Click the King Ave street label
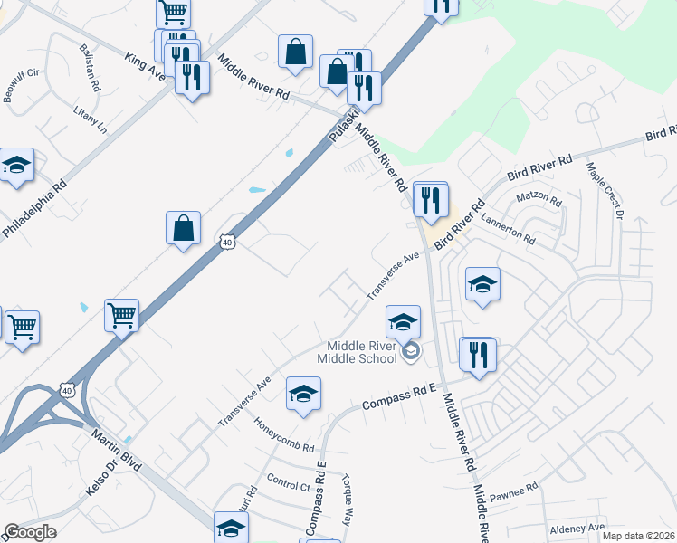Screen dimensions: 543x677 (145, 67)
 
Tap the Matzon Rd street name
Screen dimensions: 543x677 (539, 196)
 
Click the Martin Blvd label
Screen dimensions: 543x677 (117, 450)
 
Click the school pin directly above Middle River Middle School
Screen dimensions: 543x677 (404, 321)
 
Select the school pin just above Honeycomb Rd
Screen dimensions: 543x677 (303, 394)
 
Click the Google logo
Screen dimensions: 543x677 (30, 532)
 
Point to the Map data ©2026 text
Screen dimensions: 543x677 (626, 536)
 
